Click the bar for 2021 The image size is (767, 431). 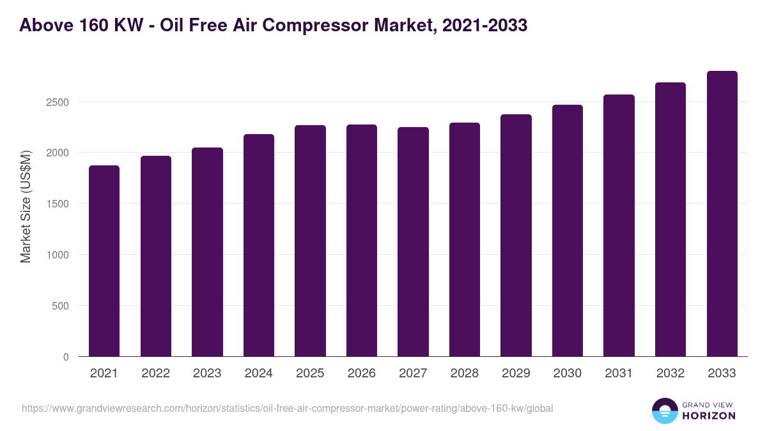pyautogui.click(x=104, y=261)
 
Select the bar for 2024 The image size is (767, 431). pyautogui.click(x=259, y=245)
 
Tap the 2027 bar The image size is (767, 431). pyautogui.click(x=413, y=242)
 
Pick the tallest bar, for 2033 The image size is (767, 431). pyautogui.click(x=722, y=214)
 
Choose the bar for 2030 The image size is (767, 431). pyautogui.click(x=568, y=231)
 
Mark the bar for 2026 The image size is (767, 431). pyautogui.click(x=362, y=241)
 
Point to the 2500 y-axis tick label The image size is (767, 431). pyautogui.click(x=58, y=102)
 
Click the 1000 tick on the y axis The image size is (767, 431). pyautogui.click(x=58, y=255)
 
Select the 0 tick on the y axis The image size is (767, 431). pyautogui.click(x=66, y=357)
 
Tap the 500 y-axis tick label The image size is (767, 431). pyautogui.click(x=60, y=306)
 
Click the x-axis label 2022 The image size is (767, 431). pyautogui.click(x=156, y=373)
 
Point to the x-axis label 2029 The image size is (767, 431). pyautogui.click(x=516, y=373)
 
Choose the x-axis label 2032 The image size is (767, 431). pyautogui.click(x=670, y=373)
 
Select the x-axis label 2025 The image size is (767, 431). pyautogui.click(x=310, y=373)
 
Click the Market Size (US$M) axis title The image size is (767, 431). pyautogui.click(x=26, y=207)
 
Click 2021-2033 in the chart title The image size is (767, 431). pyautogui.click(x=484, y=26)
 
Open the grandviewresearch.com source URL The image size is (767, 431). pyautogui.click(x=287, y=409)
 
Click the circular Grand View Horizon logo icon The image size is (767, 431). pyautogui.click(x=665, y=411)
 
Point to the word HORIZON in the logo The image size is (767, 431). pyautogui.click(x=709, y=416)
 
